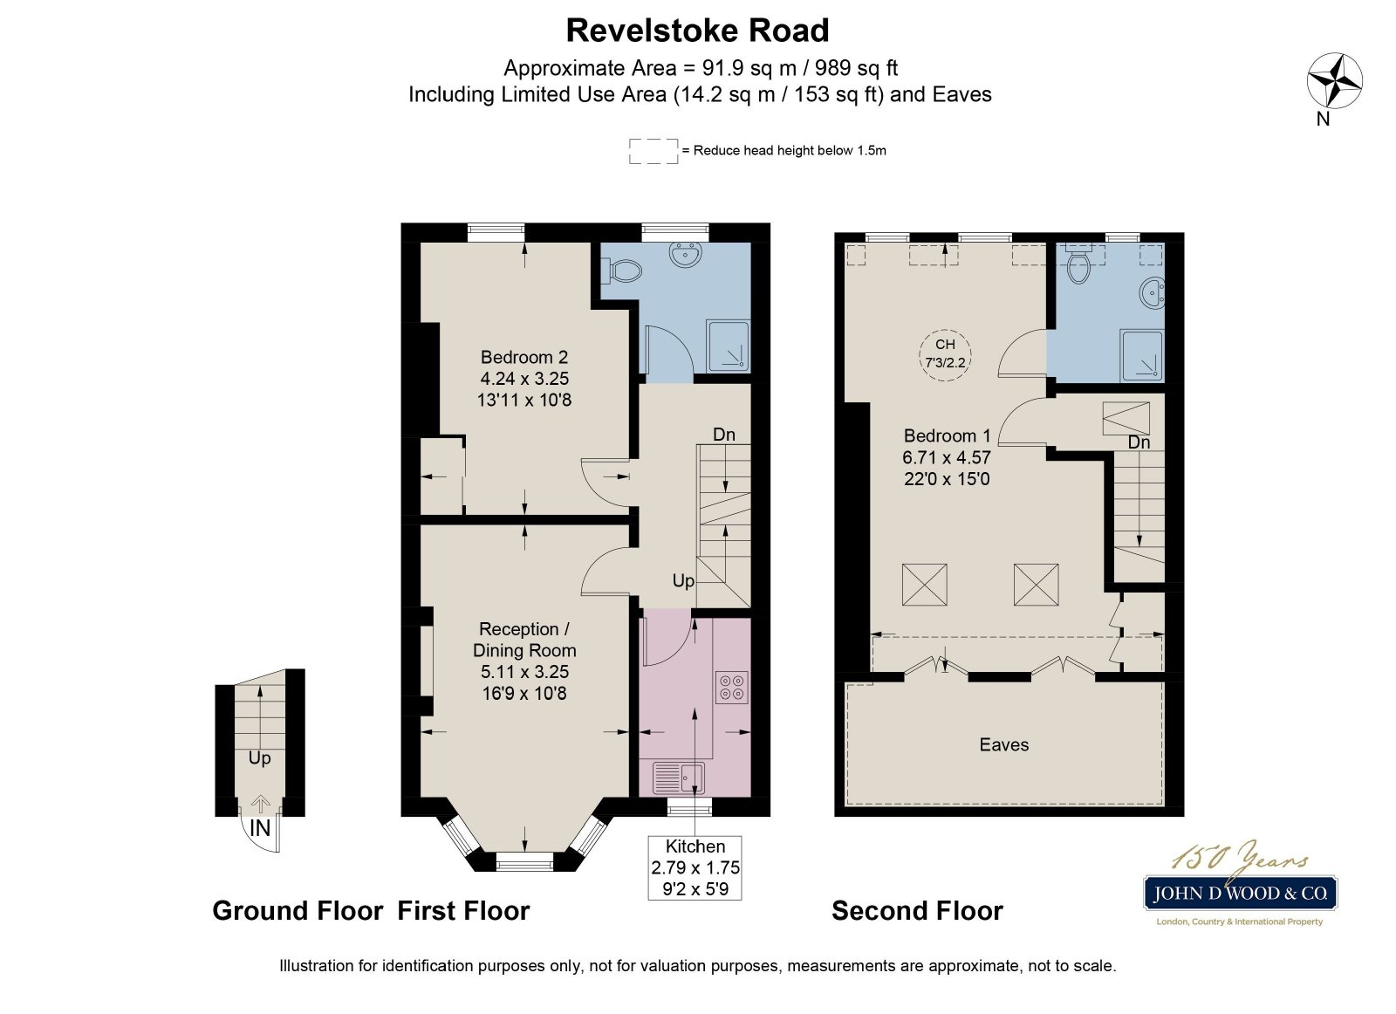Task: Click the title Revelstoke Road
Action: click(697, 31)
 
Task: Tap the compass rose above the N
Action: click(1334, 80)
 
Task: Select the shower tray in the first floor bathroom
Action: click(728, 347)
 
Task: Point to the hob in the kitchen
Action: click(732, 687)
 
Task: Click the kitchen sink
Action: click(679, 778)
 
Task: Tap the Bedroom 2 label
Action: click(524, 358)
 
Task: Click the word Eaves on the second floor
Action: click(1004, 744)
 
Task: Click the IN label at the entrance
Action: click(260, 828)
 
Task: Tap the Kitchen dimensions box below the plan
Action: click(695, 868)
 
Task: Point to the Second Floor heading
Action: click(917, 911)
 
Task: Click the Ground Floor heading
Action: click(298, 911)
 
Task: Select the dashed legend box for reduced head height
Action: click(654, 151)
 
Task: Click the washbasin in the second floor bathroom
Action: click(1153, 292)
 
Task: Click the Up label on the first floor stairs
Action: click(683, 581)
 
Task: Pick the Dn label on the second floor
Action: click(1139, 442)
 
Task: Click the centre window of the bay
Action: click(524, 864)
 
